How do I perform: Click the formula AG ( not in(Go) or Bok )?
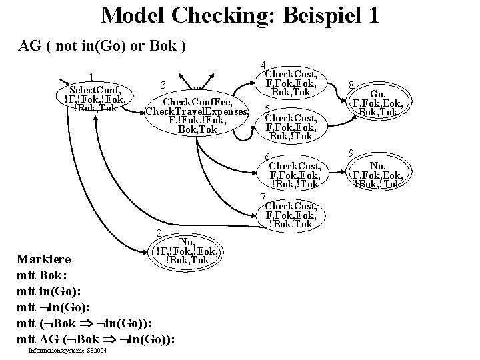click(x=102, y=46)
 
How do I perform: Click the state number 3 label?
click(x=163, y=85)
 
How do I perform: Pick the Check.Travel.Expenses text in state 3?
click(x=197, y=111)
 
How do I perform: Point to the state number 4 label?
click(x=263, y=65)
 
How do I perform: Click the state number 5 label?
click(x=267, y=109)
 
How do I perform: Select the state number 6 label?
click(x=267, y=157)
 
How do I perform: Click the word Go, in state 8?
click(x=378, y=94)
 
